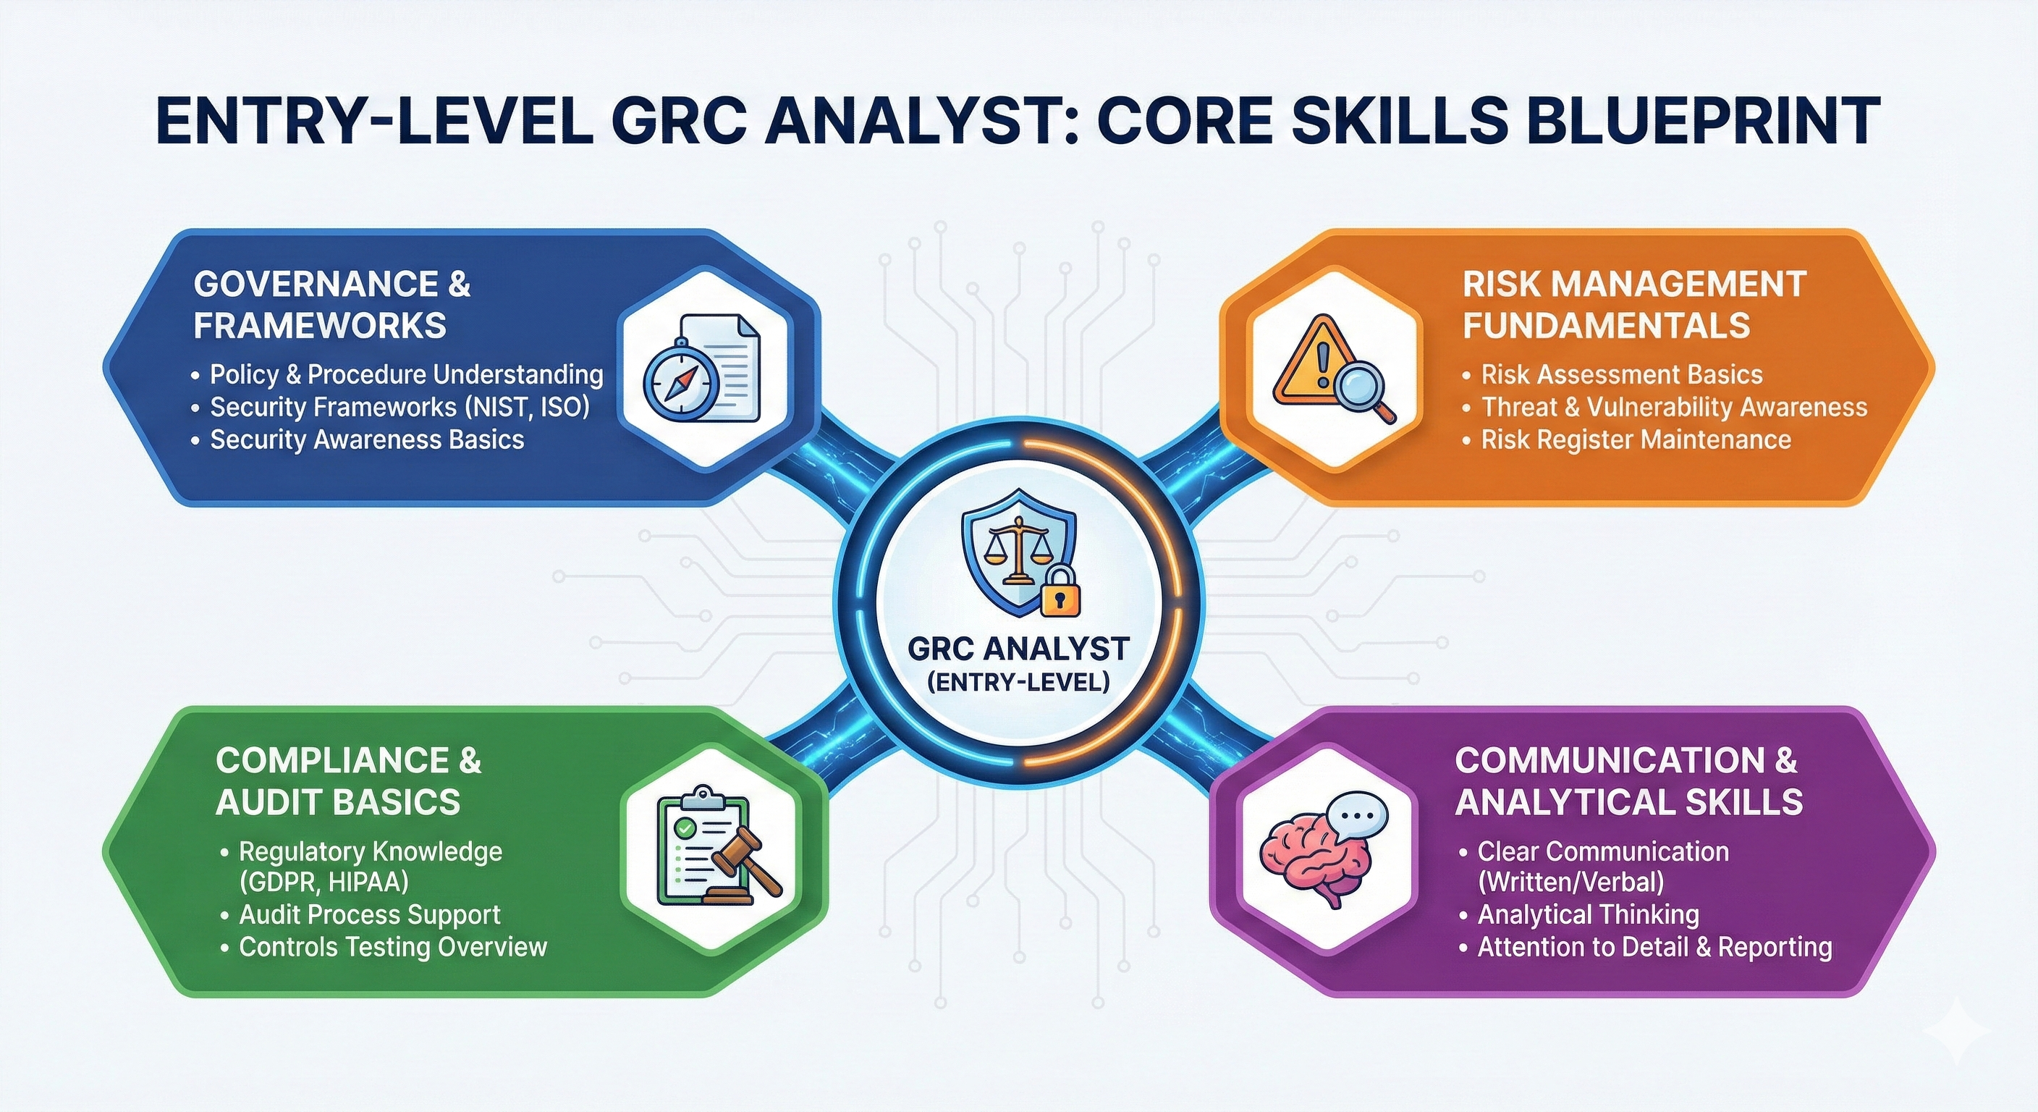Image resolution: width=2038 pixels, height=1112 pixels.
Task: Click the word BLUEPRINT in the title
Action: (1694, 120)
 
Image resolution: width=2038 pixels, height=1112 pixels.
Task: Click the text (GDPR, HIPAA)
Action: (324, 882)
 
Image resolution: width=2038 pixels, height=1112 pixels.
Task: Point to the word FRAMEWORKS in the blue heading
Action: (320, 325)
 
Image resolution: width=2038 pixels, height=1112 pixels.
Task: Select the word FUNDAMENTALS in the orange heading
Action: (1606, 325)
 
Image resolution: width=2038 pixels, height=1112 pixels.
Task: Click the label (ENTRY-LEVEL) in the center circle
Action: (1018, 681)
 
